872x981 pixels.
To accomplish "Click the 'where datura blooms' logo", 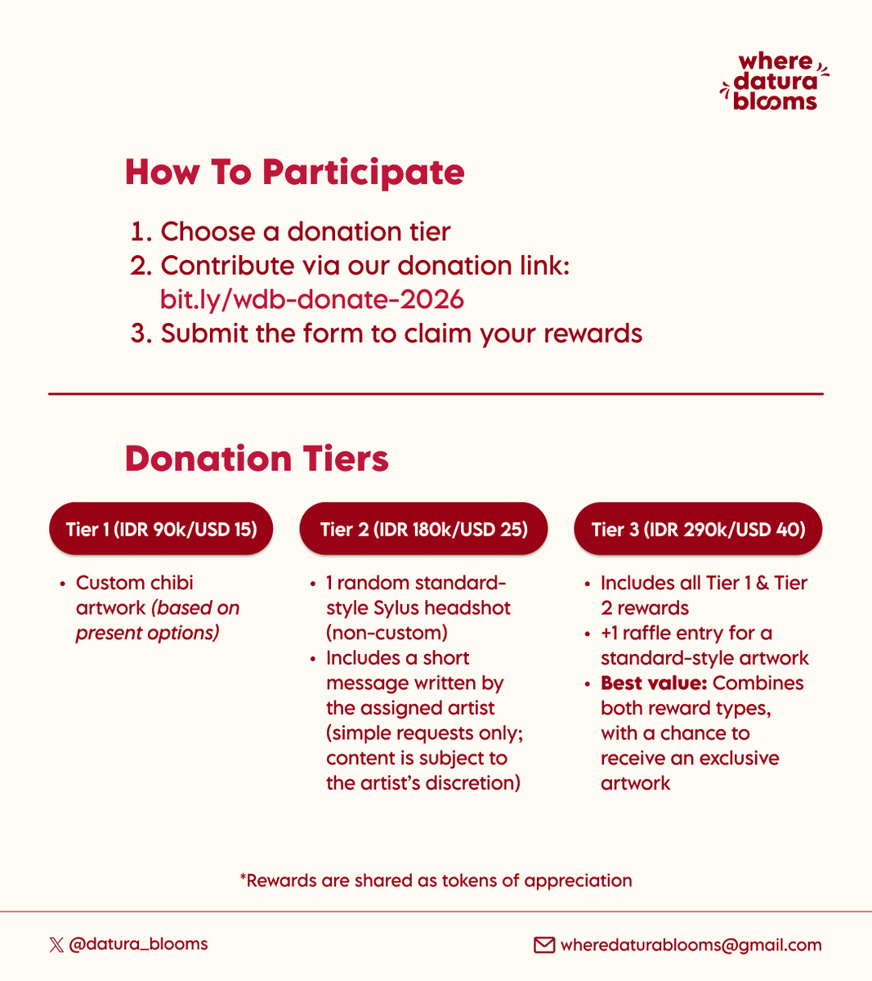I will tap(774, 82).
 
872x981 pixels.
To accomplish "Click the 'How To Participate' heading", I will tap(294, 172).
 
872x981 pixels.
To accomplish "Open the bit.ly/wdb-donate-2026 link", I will tap(312, 299).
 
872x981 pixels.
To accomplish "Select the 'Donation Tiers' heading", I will tap(257, 459).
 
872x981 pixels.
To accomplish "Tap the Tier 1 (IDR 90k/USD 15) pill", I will tap(161, 529).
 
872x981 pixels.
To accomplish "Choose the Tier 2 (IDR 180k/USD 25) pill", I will tap(423, 529).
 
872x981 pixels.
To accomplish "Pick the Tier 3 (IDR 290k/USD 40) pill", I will tap(698, 529).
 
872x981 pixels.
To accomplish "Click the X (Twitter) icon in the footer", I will tap(56, 945).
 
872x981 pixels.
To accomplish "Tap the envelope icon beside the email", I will tap(544, 945).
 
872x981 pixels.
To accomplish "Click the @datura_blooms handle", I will tap(138, 944).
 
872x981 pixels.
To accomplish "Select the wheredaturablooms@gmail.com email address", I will tap(691, 945).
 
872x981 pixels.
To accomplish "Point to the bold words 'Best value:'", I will tap(653, 683).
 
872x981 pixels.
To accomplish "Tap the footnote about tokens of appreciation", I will tap(436, 880).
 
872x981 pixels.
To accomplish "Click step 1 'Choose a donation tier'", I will tap(305, 231).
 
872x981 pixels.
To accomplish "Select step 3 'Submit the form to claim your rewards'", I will tap(400, 334).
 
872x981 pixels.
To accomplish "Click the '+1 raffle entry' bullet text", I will tap(686, 634).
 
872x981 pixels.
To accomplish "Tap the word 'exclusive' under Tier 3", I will tap(736, 759).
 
